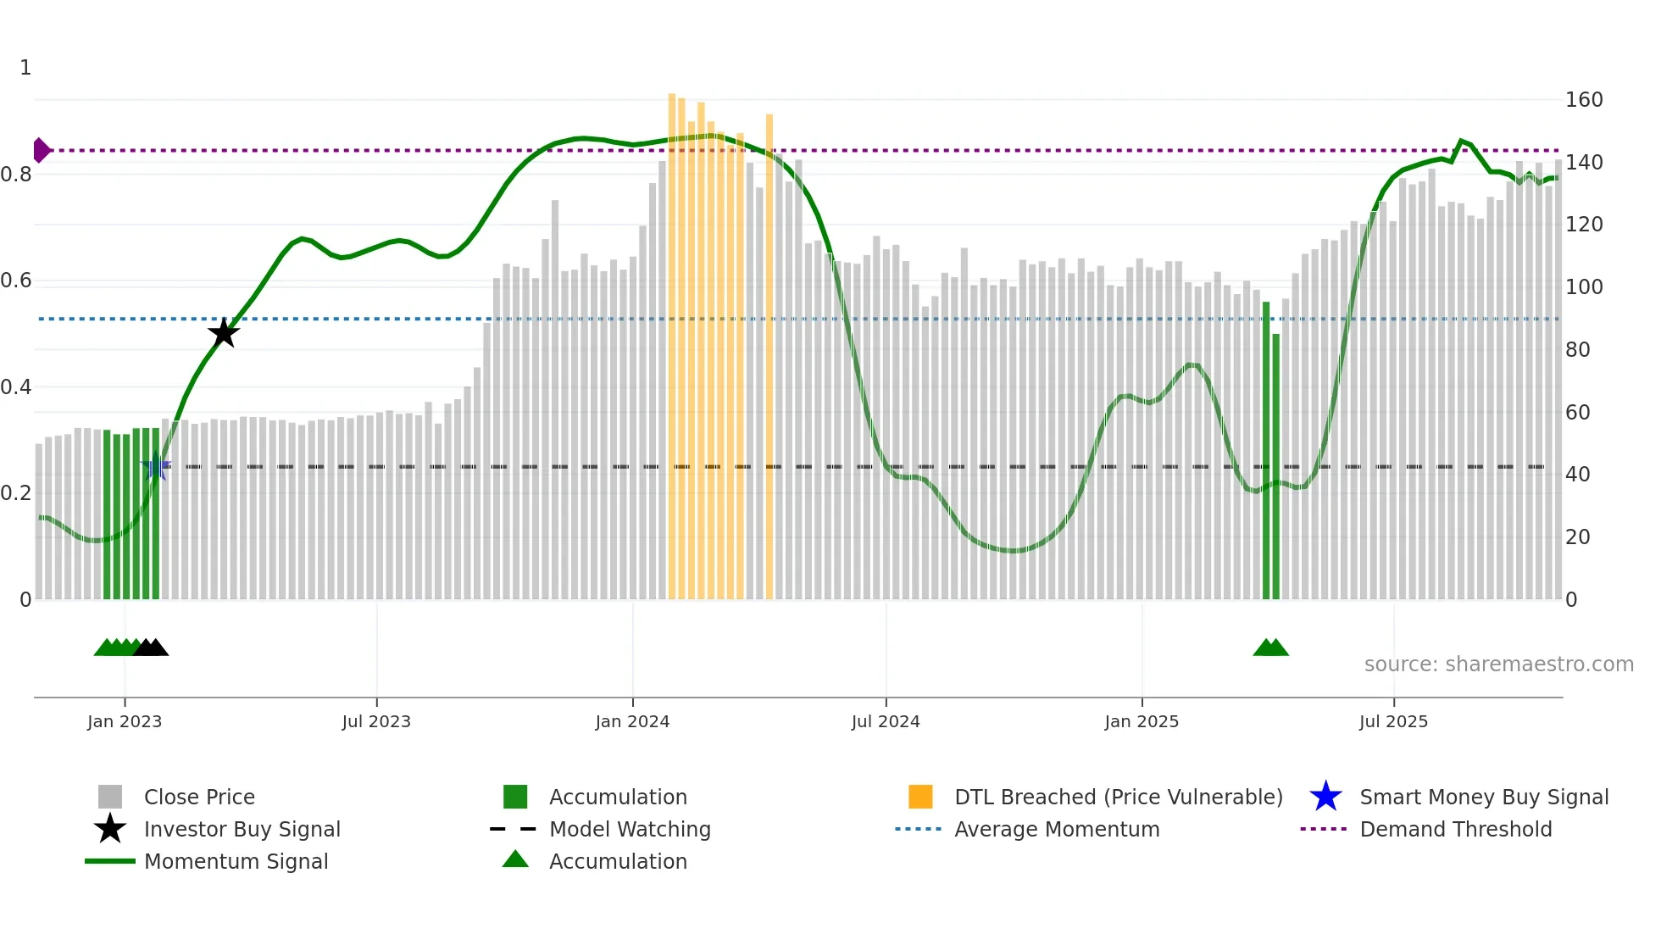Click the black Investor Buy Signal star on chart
pyautogui.click(x=224, y=333)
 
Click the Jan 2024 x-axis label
pyautogui.click(x=632, y=721)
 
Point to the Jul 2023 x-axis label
pyautogui.click(x=376, y=721)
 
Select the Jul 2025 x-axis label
pyautogui.click(x=1393, y=721)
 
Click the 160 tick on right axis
pyautogui.click(x=1583, y=100)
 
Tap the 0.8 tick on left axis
pyautogui.click(x=17, y=175)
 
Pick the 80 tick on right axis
pyautogui.click(x=1577, y=349)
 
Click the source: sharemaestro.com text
pyautogui.click(x=1498, y=664)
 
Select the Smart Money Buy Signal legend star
pyautogui.click(x=1325, y=797)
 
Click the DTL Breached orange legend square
pyautogui.click(x=920, y=797)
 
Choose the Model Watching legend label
pyautogui.click(x=630, y=829)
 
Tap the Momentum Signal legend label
pyautogui.click(x=236, y=861)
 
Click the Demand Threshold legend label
pyautogui.click(x=1455, y=829)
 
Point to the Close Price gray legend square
pyautogui.click(x=110, y=797)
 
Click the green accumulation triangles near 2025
pyautogui.click(x=1270, y=648)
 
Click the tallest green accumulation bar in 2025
pyautogui.click(x=1266, y=449)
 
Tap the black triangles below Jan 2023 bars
pyautogui.click(x=151, y=648)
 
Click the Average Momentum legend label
pyautogui.click(x=1057, y=829)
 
